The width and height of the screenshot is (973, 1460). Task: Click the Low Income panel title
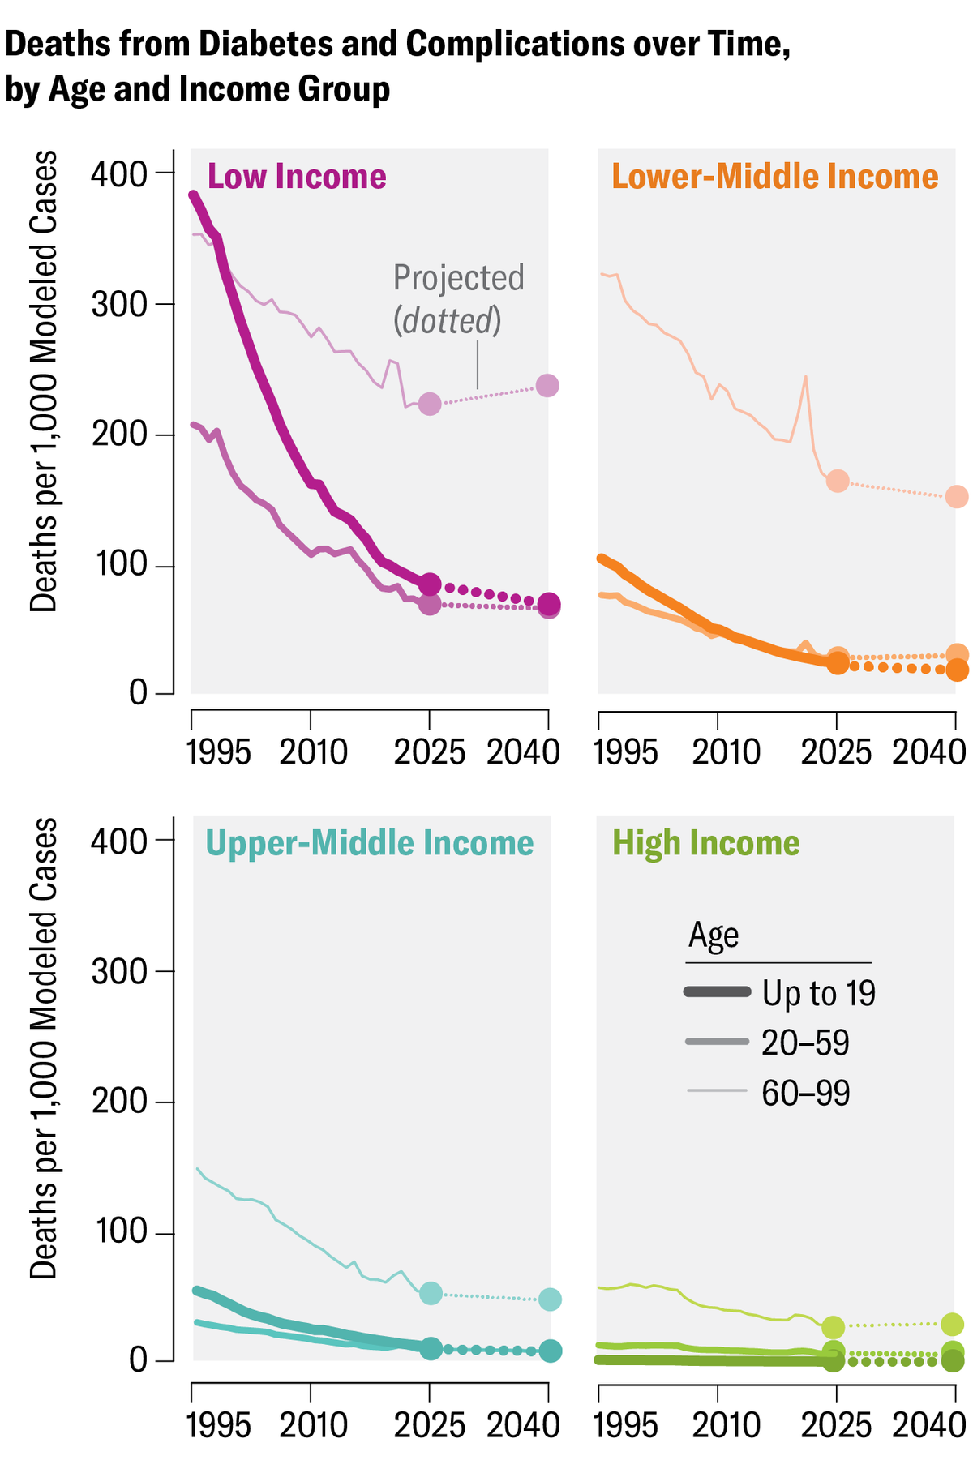(x=297, y=177)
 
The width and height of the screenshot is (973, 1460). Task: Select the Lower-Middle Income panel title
(x=774, y=177)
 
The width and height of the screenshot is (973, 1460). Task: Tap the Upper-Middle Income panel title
(x=370, y=843)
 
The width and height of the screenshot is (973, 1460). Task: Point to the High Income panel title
(x=705, y=843)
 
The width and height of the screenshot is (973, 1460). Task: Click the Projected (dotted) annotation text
(x=459, y=299)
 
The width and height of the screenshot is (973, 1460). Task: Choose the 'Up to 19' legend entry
(x=818, y=993)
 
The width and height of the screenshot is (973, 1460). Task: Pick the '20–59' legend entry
(x=805, y=1043)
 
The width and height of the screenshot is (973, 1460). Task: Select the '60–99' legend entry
(x=805, y=1094)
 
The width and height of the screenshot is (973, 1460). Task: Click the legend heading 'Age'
(x=714, y=936)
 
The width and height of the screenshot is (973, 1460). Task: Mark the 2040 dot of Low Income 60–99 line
(x=548, y=386)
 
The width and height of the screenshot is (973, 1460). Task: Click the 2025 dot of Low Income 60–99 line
(x=430, y=404)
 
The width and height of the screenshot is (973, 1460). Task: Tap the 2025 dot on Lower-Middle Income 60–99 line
(x=838, y=481)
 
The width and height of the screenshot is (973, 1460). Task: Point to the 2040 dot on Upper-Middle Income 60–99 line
(x=550, y=1299)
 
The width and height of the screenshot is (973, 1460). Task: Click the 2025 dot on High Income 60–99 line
(x=833, y=1327)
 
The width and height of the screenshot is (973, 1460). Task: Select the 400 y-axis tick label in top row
(x=120, y=173)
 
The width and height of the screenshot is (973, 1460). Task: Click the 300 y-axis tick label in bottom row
(x=120, y=971)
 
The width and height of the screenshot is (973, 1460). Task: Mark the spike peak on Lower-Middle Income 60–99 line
(x=805, y=376)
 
